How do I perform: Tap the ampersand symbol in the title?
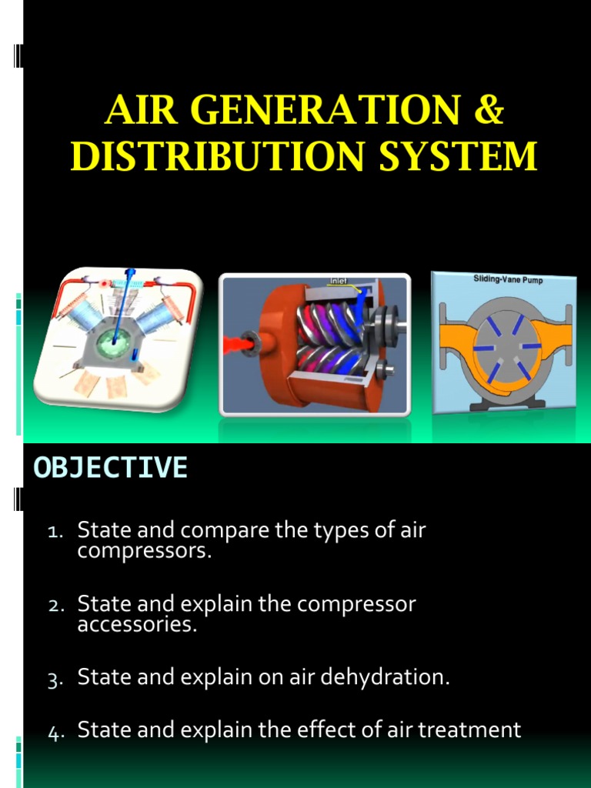click(x=487, y=112)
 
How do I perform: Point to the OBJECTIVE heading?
click(x=110, y=467)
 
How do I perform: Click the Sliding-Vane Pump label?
click(x=507, y=280)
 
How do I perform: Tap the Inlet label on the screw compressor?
click(x=339, y=281)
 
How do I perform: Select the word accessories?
click(x=137, y=624)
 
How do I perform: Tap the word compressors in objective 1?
click(x=143, y=550)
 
